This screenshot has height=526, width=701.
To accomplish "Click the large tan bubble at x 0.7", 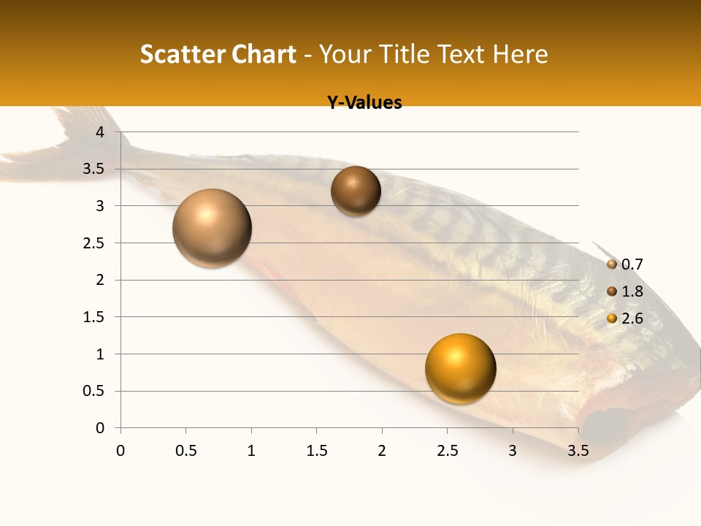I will [212, 228].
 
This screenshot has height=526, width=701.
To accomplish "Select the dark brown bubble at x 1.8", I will [356, 191].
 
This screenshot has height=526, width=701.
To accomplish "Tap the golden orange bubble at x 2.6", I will [460, 368].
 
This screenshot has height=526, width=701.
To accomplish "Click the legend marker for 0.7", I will [612, 264].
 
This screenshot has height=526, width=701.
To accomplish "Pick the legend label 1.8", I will [632, 291].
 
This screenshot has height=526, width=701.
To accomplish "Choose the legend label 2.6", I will [632, 319].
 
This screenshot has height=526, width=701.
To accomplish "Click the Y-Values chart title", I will [364, 103].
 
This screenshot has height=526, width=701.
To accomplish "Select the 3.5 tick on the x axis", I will [578, 450].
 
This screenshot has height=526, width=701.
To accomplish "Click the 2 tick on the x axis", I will [382, 450].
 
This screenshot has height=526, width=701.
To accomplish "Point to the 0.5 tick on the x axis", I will [185, 450].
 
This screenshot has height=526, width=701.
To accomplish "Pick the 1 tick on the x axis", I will [251, 450].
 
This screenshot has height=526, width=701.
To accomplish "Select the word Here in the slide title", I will [520, 54].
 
